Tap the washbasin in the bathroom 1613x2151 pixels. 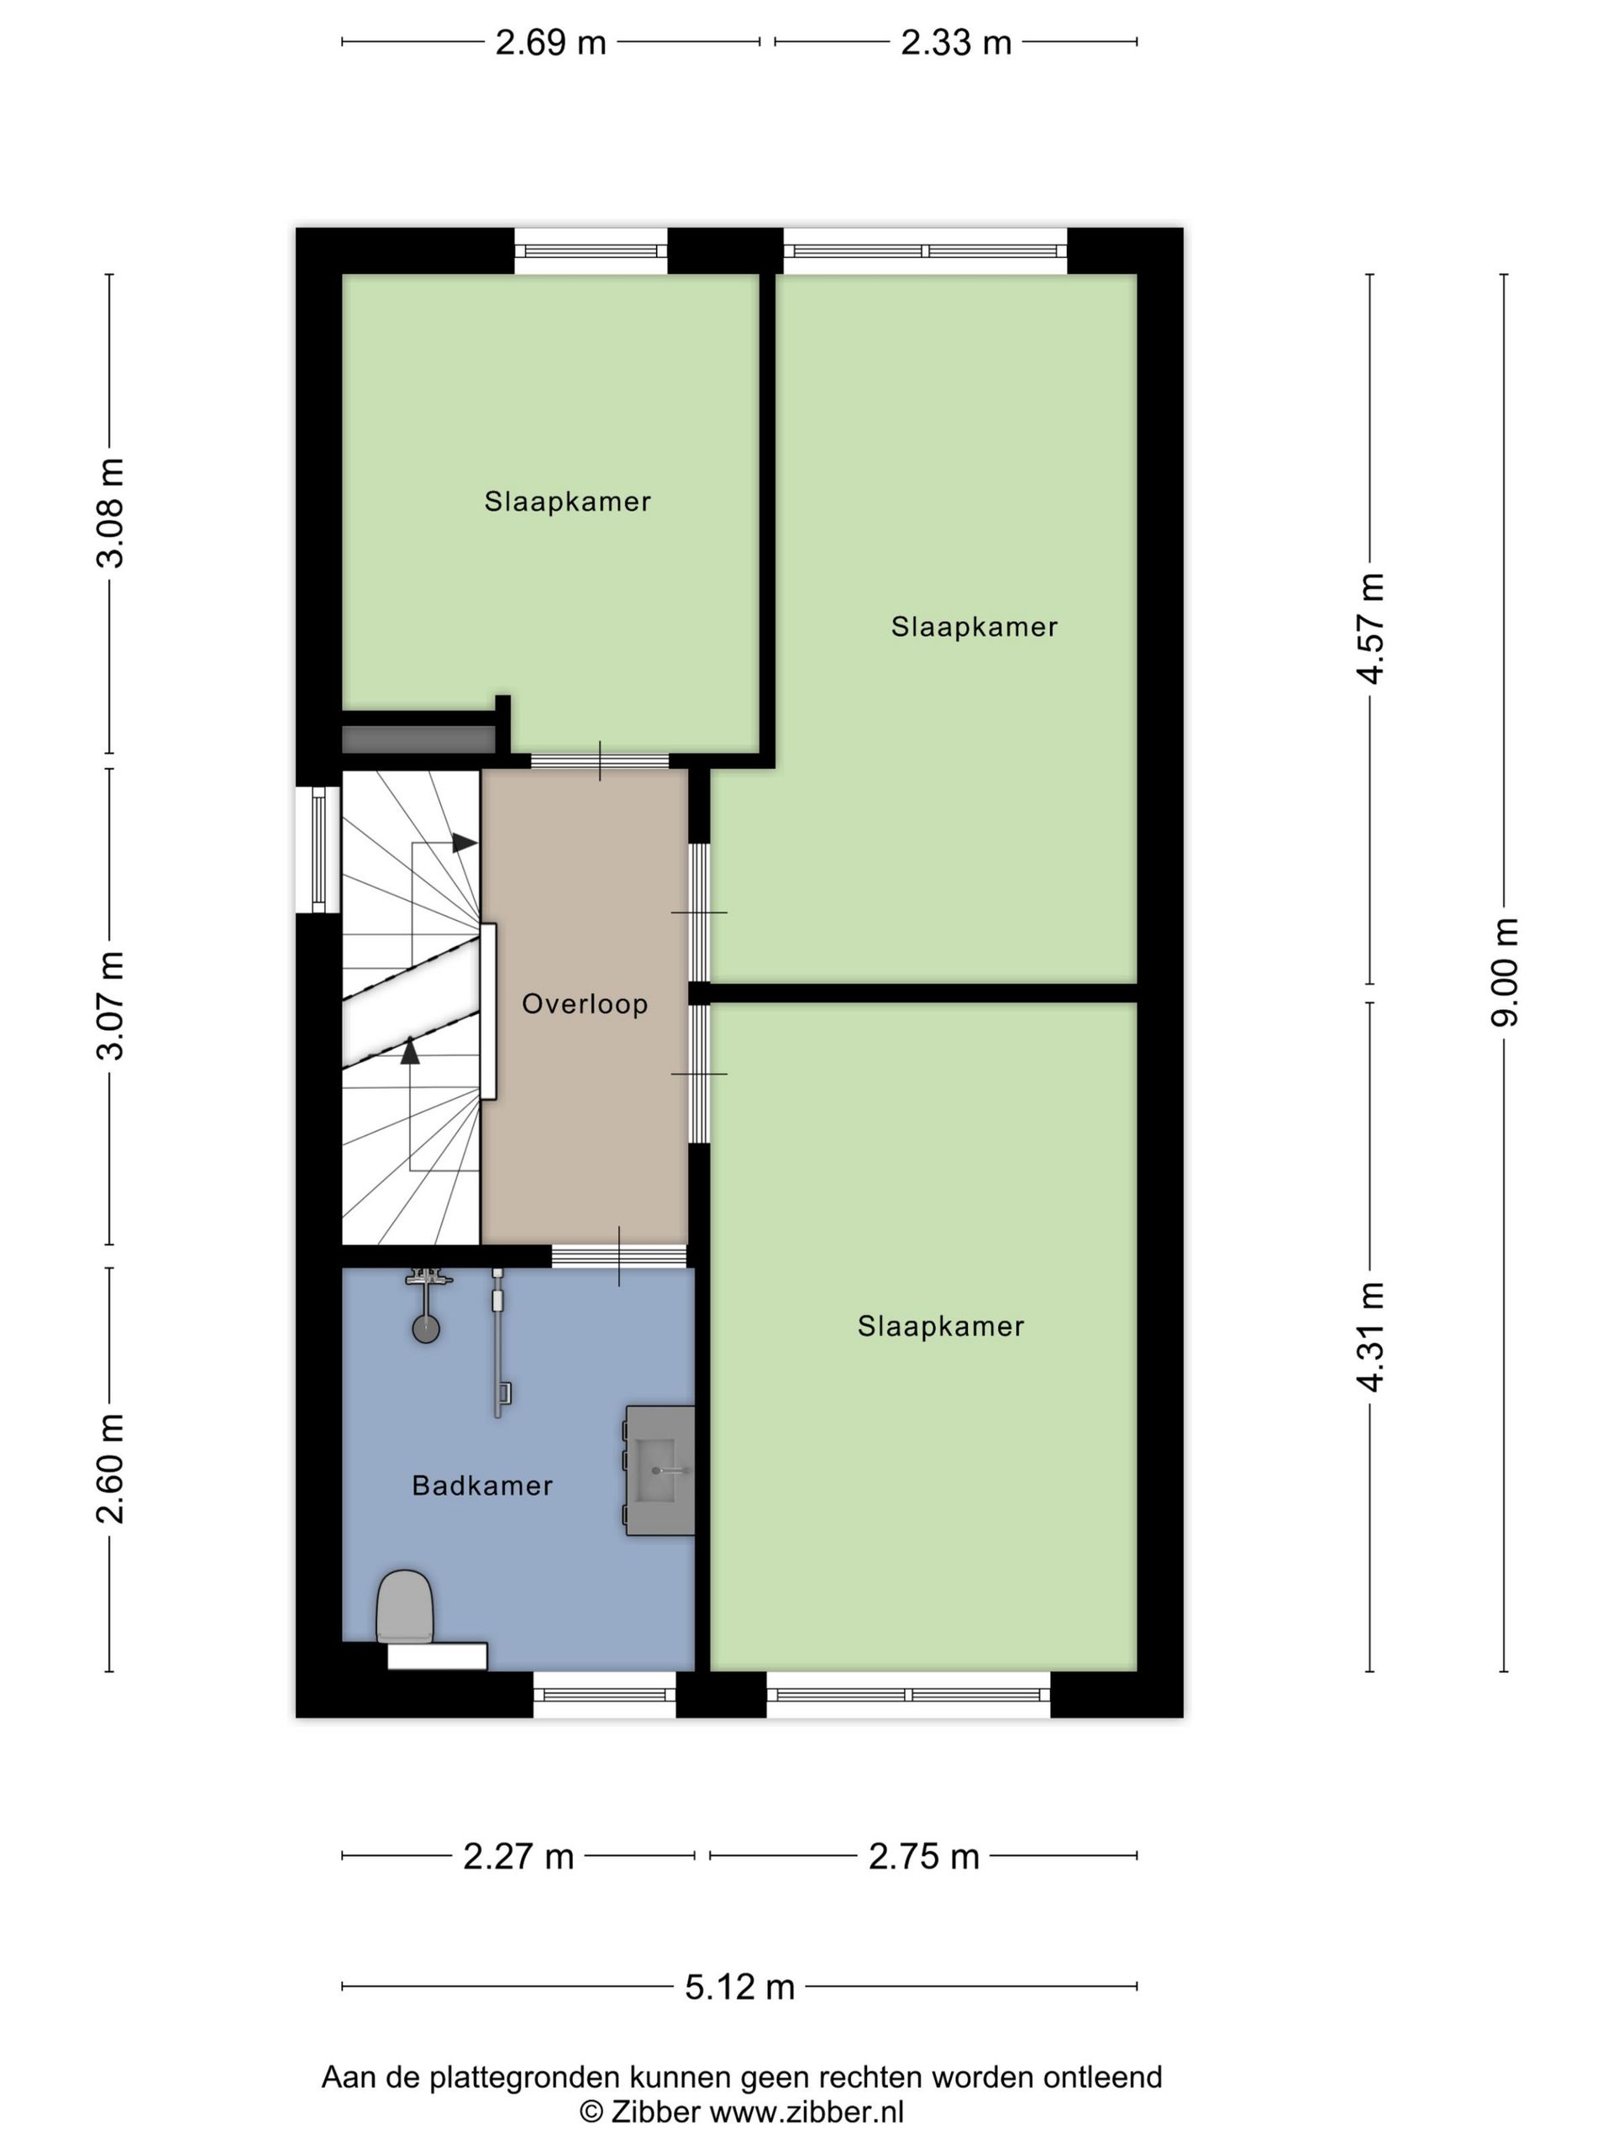point(661,1470)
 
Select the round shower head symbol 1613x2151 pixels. point(426,1328)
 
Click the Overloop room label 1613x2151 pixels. point(585,1003)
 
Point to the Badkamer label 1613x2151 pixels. point(482,1485)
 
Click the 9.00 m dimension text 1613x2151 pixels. point(1505,971)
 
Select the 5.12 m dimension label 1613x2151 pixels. point(739,1986)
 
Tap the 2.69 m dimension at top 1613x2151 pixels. point(550,43)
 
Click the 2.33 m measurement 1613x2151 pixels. point(956,43)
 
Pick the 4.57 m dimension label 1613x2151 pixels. point(1371,629)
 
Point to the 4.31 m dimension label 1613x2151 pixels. point(1371,1336)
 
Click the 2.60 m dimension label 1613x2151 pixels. point(110,1469)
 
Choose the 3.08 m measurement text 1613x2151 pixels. point(110,513)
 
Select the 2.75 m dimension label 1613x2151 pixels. point(922,1856)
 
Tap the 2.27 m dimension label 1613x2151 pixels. point(518,1856)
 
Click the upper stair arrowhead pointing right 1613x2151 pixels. point(465,842)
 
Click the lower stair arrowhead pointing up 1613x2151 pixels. point(410,1050)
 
